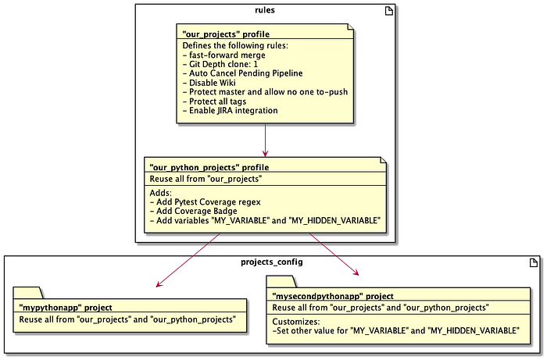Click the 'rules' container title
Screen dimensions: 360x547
pos(265,9)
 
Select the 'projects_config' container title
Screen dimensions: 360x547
pos(273,261)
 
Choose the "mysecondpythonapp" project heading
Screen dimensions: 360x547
pos(332,296)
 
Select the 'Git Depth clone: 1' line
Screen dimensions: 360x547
pos(220,65)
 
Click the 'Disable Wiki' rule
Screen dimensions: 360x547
pos(209,84)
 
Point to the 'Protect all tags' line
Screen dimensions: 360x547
pos(216,102)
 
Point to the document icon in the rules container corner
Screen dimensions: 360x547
pos(388,10)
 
